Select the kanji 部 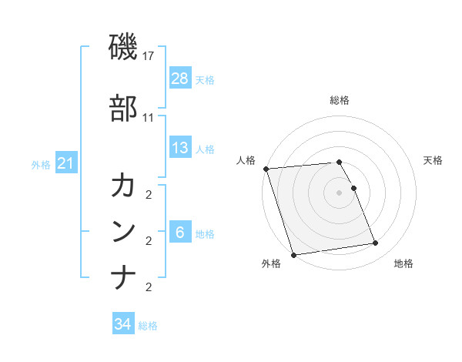point(123,109)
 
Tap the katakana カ point(123,186)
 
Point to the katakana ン point(123,231)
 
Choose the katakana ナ point(123,277)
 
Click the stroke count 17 point(149,56)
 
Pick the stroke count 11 point(149,118)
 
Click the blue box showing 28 point(179,79)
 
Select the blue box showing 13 point(179,148)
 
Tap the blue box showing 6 point(179,233)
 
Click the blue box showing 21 point(65,163)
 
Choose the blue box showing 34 point(122,324)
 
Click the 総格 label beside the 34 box point(148,326)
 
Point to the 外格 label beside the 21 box point(41,164)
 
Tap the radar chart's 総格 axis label point(340,100)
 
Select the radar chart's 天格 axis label point(433,160)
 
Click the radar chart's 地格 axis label point(403,263)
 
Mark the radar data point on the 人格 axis point(266,169)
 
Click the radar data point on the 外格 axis point(293,254)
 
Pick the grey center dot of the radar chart point(340,192)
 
